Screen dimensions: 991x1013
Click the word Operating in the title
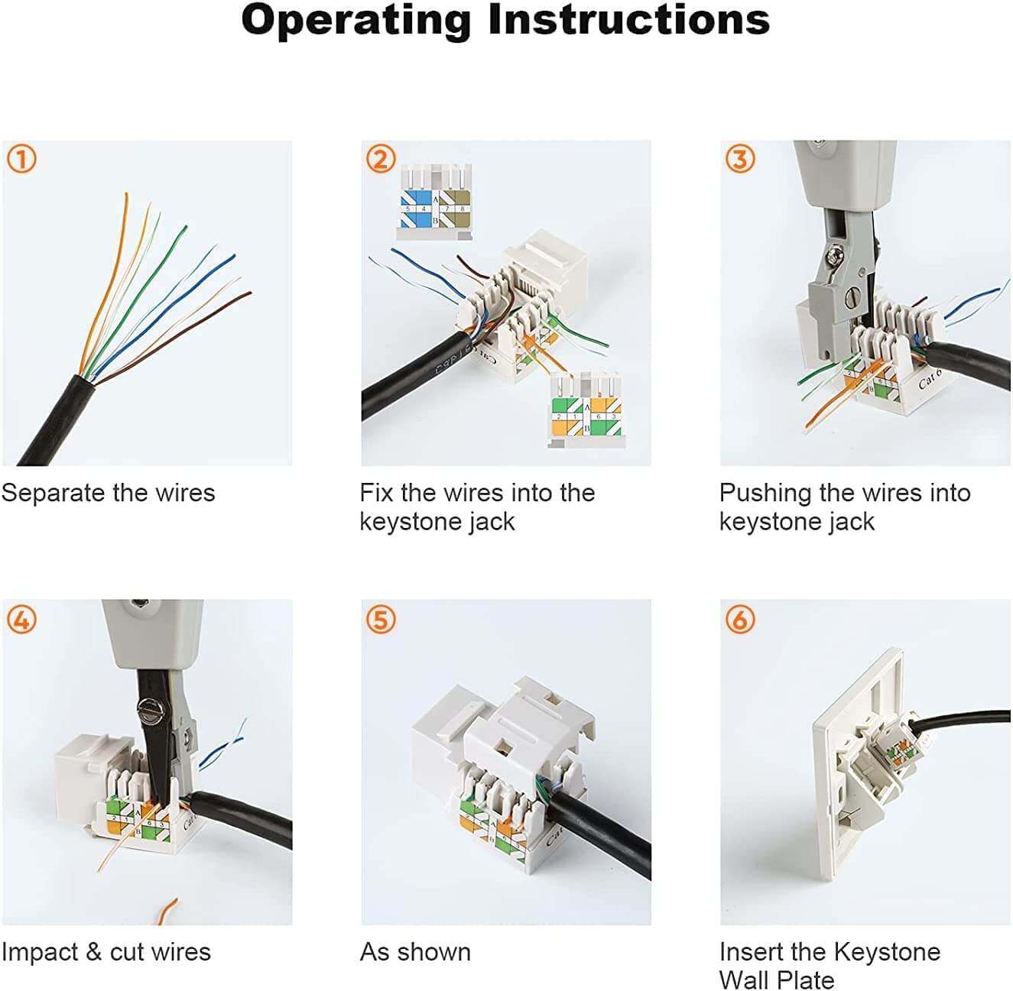356,21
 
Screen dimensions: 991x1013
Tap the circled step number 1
21,159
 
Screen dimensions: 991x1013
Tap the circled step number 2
381,159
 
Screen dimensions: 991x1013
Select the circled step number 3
740,159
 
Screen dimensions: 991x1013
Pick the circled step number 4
21,619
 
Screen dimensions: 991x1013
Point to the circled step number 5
381,619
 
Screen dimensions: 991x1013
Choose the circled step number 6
740,619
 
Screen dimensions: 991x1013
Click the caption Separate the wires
108,493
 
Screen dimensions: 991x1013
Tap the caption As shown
415,952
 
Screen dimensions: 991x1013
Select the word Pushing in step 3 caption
765,494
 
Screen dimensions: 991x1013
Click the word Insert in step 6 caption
752,952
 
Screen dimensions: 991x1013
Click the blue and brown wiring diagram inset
433,202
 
